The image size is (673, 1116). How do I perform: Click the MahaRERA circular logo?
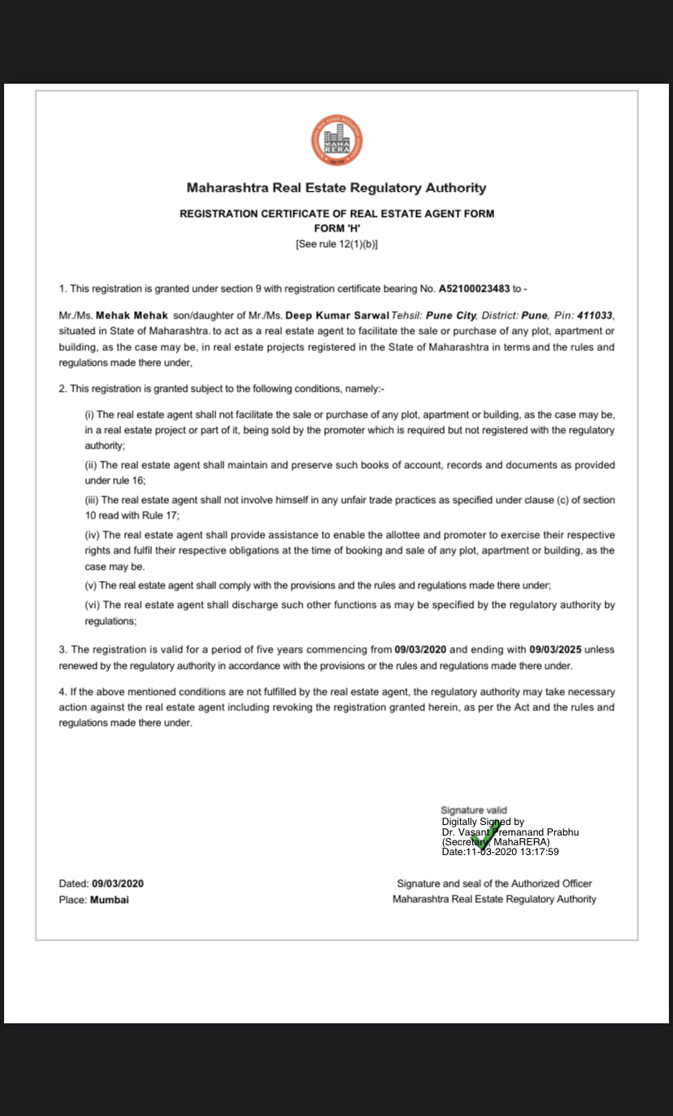[336, 141]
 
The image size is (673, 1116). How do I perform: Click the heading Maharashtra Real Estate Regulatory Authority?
[336, 188]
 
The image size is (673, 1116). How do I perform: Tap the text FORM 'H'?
[336, 228]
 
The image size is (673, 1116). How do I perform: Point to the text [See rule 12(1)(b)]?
[336, 244]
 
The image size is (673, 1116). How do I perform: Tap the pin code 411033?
[596, 315]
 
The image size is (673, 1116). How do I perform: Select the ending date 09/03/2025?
[556, 650]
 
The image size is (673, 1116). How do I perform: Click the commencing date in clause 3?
[420, 650]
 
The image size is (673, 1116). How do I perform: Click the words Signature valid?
[474, 810]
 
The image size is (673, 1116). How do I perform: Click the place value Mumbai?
[110, 900]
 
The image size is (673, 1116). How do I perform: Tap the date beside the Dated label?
[117, 884]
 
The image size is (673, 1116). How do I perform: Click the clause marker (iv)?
[93, 535]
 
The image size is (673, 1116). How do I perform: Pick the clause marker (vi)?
[93, 605]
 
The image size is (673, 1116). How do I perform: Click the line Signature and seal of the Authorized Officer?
[494, 884]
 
